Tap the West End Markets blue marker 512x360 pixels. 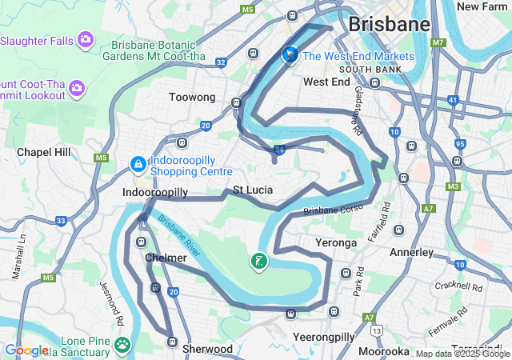tap(290, 55)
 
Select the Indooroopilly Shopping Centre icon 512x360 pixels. tap(138, 164)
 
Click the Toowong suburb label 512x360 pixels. tap(192, 97)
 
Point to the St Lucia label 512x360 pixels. tap(253, 190)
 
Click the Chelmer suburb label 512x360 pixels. tap(166, 258)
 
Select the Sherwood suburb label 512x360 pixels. tap(208, 349)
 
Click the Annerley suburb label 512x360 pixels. tap(411, 252)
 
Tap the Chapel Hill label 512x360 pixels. tap(44, 152)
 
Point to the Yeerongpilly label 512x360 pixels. tap(323, 337)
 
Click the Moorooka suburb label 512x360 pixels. tap(384, 351)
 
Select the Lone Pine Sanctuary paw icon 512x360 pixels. tap(122, 344)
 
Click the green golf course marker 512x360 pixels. tap(259, 261)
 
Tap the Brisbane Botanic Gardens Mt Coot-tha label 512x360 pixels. tap(163, 51)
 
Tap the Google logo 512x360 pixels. tap(26, 350)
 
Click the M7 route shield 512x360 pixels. tap(438, 42)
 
